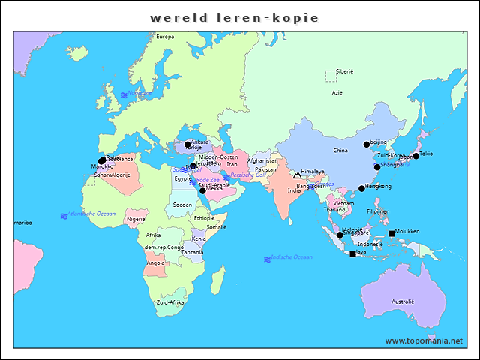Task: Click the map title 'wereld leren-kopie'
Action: click(234, 17)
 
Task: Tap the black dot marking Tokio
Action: click(416, 156)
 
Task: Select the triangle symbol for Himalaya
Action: click(296, 174)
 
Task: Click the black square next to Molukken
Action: click(391, 233)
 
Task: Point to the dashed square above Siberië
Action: click(331, 76)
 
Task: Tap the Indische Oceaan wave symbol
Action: click(267, 259)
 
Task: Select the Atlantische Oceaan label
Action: click(91, 214)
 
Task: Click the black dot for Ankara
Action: click(187, 145)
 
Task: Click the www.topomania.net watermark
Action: click(424, 340)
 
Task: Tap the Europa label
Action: click(164, 37)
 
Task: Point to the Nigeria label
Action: click(136, 219)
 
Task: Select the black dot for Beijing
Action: click(367, 144)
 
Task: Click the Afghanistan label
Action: click(262, 160)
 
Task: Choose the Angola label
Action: click(155, 262)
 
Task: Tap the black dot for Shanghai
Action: click(377, 167)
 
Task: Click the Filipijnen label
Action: click(378, 211)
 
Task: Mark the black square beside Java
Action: click(352, 253)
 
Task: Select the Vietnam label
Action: click(343, 203)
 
